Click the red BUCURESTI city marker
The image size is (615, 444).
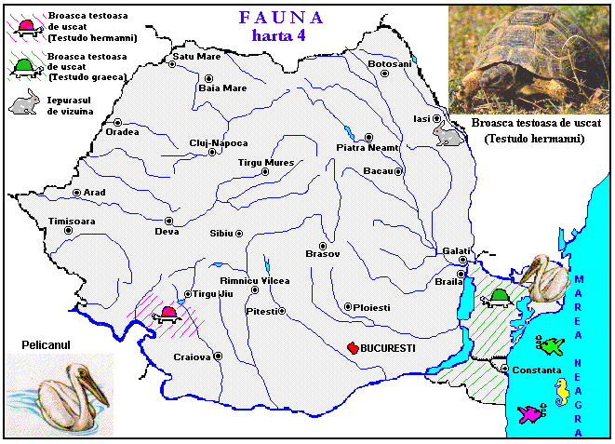click(x=353, y=347)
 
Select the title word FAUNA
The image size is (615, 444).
click(x=281, y=18)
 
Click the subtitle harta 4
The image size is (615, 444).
click(x=282, y=35)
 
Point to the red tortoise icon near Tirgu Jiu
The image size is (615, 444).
click(x=168, y=314)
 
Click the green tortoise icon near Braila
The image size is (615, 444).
click(x=499, y=297)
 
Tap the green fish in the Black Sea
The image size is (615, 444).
click(x=551, y=346)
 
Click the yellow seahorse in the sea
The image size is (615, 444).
click(x=562, y=393)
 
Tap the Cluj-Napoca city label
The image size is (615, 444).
click(x=219, y=142)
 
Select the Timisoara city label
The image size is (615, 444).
click(x=73, y=222)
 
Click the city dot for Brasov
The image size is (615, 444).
click(x=323, y=246)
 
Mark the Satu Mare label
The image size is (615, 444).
click(x=197, y=57)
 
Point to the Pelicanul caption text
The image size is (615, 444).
click(x=47, y=345)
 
